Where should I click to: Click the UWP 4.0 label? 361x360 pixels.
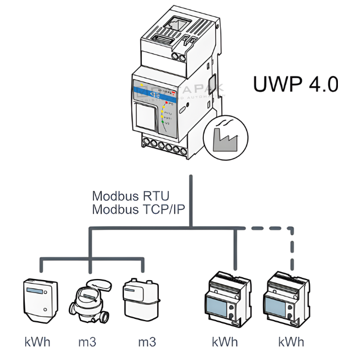pos(295,84)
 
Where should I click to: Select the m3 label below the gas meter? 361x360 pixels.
pos(147,341)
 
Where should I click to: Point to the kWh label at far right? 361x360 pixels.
pos(291,341)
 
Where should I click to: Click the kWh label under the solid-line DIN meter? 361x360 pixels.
pos(225,341)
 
